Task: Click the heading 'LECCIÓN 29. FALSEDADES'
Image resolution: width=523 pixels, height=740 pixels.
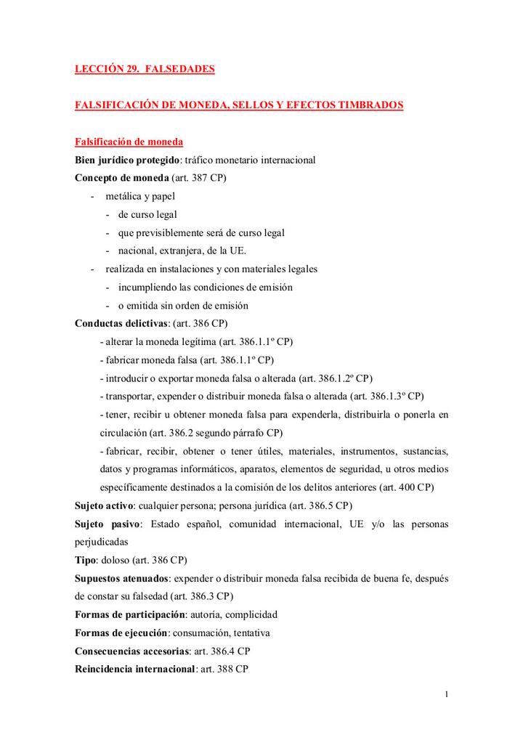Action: pyautogui.click(x=145, y=70)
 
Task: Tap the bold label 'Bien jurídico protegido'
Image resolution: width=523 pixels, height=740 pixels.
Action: pyautogui.click(x=128, y=159)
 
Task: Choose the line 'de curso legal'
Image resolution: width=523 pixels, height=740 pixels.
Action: pyautogui.click(x=147, y=214)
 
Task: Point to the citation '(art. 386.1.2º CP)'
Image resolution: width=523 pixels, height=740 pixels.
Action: pyautogui.click(x=336, y=378)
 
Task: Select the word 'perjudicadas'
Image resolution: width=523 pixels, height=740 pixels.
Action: pyautogui.click(x=102, y=542)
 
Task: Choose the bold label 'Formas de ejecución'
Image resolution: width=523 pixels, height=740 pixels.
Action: pyautogui.click(x=121, y=633)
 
